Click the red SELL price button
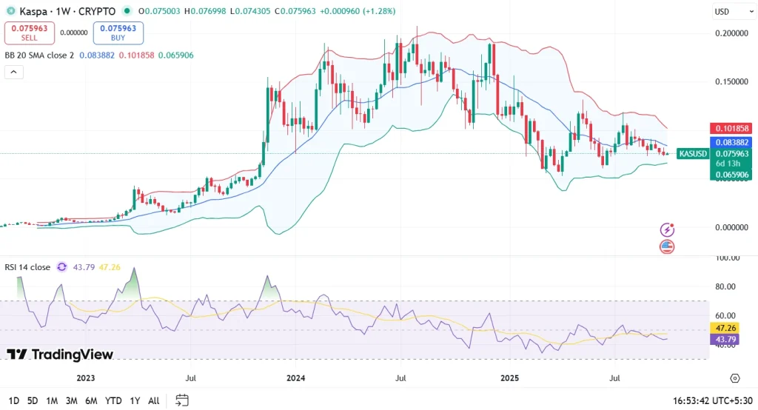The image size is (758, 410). [x=30, y=33]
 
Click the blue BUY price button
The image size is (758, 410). [x=118, y=33]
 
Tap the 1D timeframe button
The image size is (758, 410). [x=14, y=400]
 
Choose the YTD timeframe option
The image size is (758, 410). [x=113, y=400]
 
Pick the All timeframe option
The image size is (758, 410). [x=153, y=400]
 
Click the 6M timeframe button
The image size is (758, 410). [x=91, y=400]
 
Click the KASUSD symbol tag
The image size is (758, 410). [x=693, y=154]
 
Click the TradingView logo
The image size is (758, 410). [x=61, y=354]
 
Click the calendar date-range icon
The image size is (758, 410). [x=182, y=400]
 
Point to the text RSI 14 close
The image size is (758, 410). [x=27, y=267]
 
